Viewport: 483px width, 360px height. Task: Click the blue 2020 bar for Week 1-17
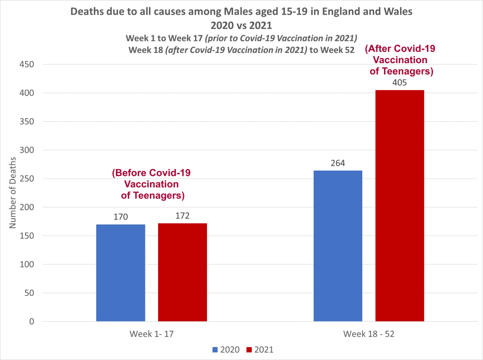[x=121, y=273]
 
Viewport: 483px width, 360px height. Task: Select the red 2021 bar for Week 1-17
[x=183, y=272]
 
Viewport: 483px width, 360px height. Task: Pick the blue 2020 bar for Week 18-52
[x=338, y=246]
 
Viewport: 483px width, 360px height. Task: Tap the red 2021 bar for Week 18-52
[x=400, y=206]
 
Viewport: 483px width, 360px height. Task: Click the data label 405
[x=400, y=83]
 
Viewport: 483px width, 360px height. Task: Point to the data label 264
[x=338, y=164]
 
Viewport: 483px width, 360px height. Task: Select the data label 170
[x=121, y=217]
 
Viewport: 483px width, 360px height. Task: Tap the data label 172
[x=183, y=216]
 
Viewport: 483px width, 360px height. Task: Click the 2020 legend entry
[x=226, y=350]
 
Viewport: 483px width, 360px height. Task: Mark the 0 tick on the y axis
[x=31, y=322]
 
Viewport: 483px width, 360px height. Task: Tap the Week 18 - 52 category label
[x=369, y=334]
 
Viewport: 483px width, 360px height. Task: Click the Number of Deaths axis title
[x=13, y=193]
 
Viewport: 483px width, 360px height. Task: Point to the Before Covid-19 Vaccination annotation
[x=151, y=184]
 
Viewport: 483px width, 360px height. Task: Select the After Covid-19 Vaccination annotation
[x=400, y=60]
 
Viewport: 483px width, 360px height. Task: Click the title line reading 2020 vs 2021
[x=241, y=25]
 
